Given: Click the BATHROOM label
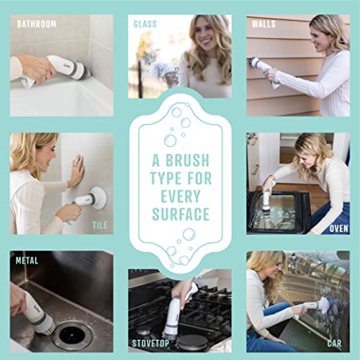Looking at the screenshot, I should click(x=36, y=24).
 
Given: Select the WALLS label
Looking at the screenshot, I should click(x=264, y=24).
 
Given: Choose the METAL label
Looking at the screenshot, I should click(x=26, y=261).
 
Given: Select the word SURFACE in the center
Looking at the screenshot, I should click(x=180, y=214).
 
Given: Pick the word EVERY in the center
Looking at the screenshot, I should click(x=180, y=196).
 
